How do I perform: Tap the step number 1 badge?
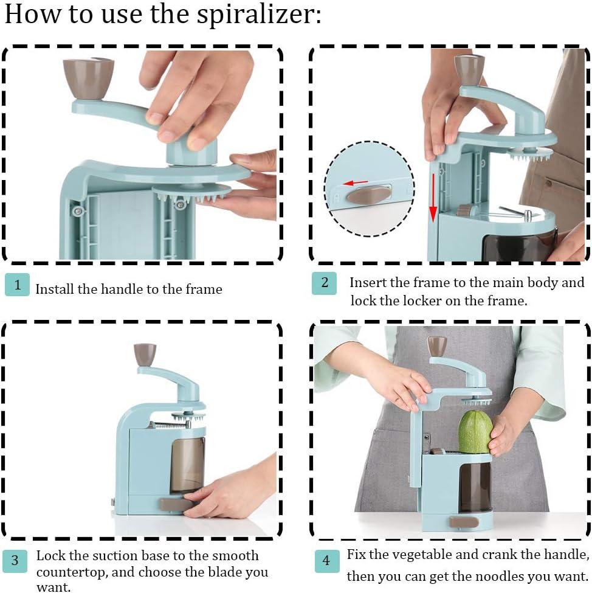(x=17, y=284)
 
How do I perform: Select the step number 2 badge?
(x=324, y=283)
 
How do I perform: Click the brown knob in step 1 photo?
(x=89, y=77)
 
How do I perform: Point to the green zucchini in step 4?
(x=475, y=432)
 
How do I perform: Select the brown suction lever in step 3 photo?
(x=174, y=504)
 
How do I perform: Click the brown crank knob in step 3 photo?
(x=145, y=354)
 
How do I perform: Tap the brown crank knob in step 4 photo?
(x=436, y=345)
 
